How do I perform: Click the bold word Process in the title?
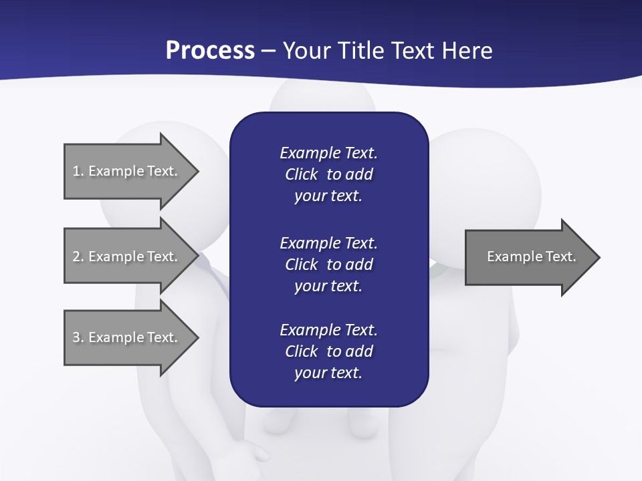210,51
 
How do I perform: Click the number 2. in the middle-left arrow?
78,257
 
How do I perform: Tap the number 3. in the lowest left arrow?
78,337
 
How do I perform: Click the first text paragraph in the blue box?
328,174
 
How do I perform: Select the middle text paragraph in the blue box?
328,264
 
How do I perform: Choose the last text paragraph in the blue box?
328,351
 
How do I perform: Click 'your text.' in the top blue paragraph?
328,196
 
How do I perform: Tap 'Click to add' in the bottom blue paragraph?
328,351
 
